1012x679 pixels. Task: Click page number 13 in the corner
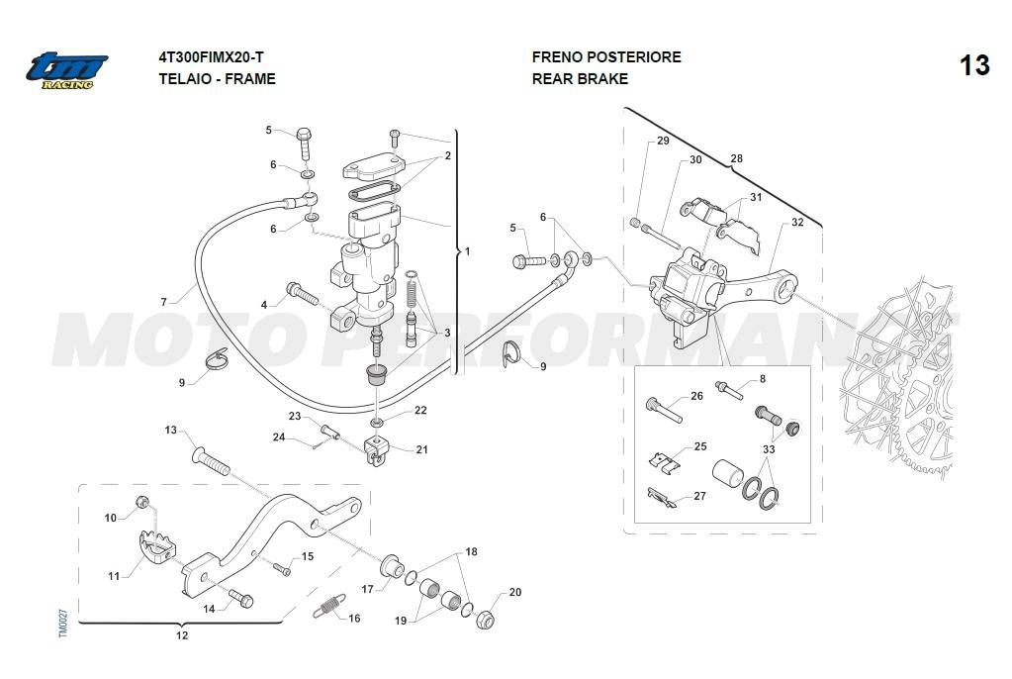click(x=973, y=65)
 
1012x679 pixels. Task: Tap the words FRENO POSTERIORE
click(x=605, y=57)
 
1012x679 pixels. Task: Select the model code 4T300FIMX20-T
click(x=212, y=57)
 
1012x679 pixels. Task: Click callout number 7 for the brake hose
click(x=164, y=301)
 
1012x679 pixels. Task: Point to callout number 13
click(x=170, y=431)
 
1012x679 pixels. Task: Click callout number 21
click(x=422, y=449)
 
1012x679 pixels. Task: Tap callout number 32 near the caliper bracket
click(x=797, y=223)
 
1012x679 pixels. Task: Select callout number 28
click(x=736, y=158)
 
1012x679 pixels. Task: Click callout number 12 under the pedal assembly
click(x=182, y=635)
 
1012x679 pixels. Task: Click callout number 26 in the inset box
click(x=696, y=396)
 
